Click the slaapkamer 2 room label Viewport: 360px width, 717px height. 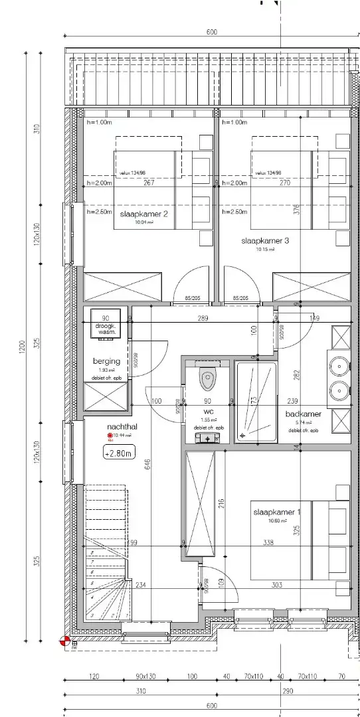[x=143, y=214]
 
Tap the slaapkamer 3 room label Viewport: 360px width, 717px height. [x=265, y=241]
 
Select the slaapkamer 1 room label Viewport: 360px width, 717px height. [x=277, y=512]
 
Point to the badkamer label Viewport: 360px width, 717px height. [x=304, y=414]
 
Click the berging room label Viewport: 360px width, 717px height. [x=106, y=361]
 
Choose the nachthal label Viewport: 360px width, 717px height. [x=122, y=428]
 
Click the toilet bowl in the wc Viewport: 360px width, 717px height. [x=207, y=380]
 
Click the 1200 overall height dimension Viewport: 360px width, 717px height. [x=22, y=345]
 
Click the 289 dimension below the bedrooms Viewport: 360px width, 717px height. [x=203, y=319]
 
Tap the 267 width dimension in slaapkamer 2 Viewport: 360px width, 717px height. [x=149, y=183]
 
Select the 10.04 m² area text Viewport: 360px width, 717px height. [x=144, y=223]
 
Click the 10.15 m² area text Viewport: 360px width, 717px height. [x=265, y=250]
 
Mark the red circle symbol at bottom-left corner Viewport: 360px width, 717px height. [x=64, y=641]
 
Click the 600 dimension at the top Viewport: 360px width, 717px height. [x=212, y=32]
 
